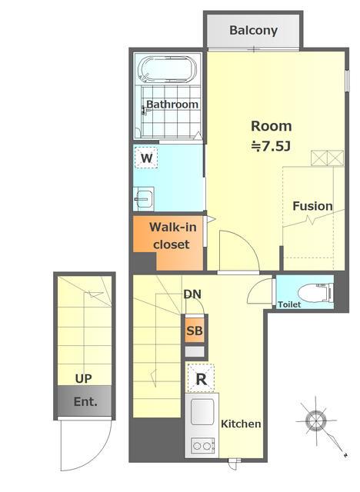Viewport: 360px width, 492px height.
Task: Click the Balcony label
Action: click(253, 31)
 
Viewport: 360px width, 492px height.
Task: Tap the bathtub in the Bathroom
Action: click(168, 70)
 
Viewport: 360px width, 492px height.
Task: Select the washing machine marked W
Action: click(146, 158)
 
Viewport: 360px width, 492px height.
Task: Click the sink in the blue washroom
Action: click(144, 198)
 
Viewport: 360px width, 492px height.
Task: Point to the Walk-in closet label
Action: click(172, 236)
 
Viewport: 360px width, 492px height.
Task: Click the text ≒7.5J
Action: click(272, 146)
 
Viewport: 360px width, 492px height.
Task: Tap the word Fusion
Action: click(312, 206)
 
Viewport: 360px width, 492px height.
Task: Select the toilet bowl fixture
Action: click(315, 292)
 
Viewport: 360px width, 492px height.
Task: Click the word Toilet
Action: click(289, 304)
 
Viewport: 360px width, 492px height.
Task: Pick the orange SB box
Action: click(195, 331)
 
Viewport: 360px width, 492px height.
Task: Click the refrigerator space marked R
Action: click(201, 378)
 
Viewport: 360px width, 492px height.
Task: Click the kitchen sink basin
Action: click(202, 412)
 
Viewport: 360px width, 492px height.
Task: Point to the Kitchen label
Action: click(241, 424)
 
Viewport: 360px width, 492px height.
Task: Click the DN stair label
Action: click(192, 294)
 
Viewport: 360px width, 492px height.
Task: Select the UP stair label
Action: click(84, 379)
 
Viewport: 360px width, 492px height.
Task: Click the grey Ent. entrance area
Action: click(85, 401)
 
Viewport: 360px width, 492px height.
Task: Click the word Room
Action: click(272, 126)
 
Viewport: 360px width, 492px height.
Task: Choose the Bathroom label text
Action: click(172, 105)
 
